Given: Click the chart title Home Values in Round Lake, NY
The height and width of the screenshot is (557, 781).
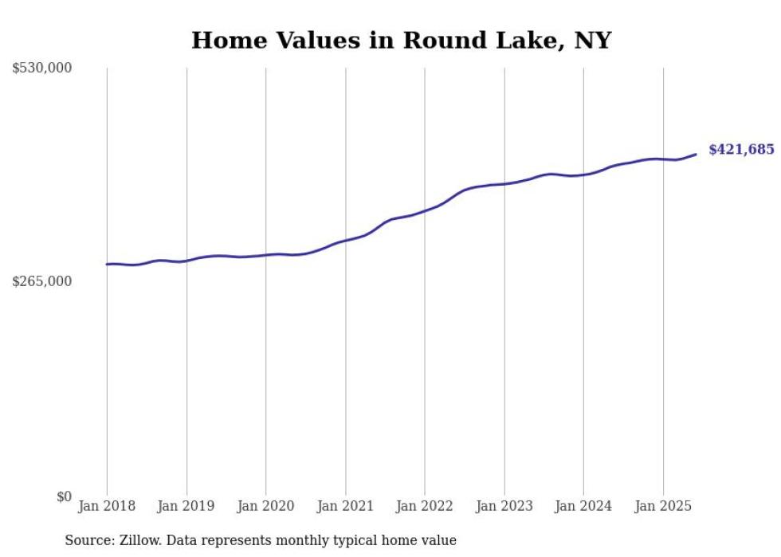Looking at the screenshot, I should pos(401,40).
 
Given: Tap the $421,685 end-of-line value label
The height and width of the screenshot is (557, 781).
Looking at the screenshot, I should pos(741,150).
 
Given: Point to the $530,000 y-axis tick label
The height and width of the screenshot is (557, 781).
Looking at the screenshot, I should pos(41,69).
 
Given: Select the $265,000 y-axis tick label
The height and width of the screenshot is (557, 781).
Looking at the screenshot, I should pos(41,281).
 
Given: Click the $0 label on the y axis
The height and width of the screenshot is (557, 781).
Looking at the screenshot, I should pos(64,496).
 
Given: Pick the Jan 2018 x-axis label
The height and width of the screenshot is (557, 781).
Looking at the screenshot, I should pos(107,506).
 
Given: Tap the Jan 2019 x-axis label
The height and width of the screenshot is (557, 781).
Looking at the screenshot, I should pos(186,506).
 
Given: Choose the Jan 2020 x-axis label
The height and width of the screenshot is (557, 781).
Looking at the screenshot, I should pos(266,506).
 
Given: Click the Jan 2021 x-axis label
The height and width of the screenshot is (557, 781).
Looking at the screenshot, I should pos(345,506).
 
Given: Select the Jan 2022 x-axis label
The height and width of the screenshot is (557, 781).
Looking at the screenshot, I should pos(425,506).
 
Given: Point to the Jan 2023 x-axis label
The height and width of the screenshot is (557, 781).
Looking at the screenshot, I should pos(504,506).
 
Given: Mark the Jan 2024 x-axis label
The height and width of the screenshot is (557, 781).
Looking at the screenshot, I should pos(583,506).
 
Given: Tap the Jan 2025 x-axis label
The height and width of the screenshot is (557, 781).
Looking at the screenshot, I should pos(663,506).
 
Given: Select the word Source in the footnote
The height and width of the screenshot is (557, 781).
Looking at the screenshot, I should pos(86,540).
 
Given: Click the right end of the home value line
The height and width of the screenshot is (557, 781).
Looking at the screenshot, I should pos(696,155).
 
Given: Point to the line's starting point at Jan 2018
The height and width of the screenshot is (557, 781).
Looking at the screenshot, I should pos(107,264).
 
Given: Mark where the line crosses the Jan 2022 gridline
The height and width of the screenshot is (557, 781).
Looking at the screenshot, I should pos(425,210).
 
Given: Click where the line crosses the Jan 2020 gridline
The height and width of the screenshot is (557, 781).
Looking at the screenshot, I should pos(266,255).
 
